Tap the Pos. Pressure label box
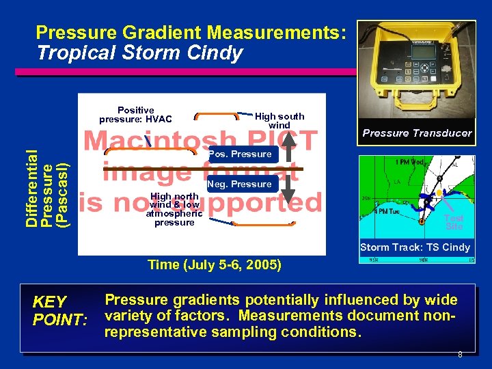240,154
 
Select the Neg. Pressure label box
240,184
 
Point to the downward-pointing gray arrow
289,189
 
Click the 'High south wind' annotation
279,121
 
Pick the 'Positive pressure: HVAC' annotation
135,115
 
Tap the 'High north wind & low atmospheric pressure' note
174,209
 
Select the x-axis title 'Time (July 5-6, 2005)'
215,264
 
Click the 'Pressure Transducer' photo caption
417,133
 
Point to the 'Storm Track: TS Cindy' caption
415,247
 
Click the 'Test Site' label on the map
454,222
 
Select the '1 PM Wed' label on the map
409,163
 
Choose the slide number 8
460,355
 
